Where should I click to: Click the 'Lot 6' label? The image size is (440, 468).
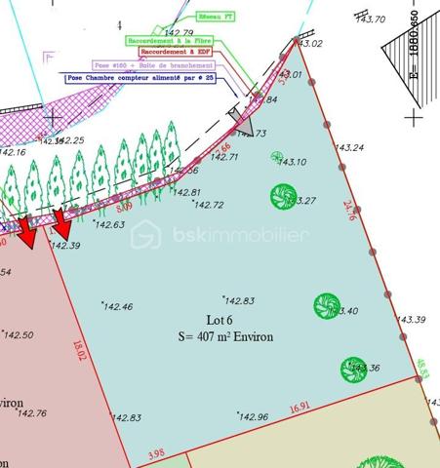point(221,319)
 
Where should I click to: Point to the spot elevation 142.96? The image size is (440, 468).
point(252,418)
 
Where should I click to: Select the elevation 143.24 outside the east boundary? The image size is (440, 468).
point(350,148)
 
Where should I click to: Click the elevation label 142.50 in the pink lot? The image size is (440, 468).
point(19,335)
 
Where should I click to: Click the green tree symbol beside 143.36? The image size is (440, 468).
point(351,369)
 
